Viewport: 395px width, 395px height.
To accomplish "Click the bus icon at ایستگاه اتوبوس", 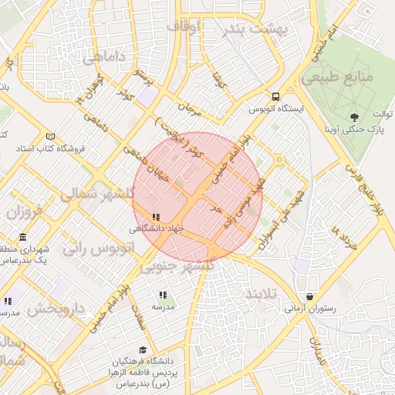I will coord(275,96).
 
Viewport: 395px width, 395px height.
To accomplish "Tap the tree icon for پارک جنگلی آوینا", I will coord(354,116).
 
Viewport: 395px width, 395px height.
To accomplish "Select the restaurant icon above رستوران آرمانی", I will coord(310,296).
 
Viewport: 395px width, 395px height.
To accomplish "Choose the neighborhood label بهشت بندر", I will coord(255,30).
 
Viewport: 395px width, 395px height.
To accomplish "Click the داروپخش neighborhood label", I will coord(56,309).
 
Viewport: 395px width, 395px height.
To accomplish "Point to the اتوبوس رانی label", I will coord(100,248).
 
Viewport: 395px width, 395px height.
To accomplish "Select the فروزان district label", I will coord(28,211).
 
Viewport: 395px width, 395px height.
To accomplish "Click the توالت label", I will coord(380,115).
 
